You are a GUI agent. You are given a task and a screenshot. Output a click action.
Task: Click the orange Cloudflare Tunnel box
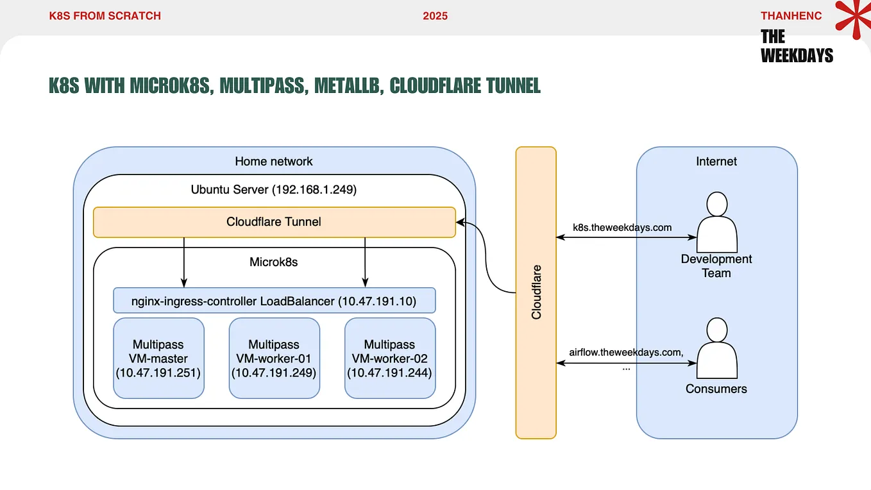274,222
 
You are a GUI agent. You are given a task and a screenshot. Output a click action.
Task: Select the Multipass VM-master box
158,358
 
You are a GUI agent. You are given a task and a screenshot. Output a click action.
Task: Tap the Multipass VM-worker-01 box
274,358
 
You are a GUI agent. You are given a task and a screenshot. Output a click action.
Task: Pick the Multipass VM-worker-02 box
389,358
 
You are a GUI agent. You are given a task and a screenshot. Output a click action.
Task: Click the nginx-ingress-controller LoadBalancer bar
274,301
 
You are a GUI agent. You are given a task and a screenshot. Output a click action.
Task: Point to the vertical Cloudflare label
536,292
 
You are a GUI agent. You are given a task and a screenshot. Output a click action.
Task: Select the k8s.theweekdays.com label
622,228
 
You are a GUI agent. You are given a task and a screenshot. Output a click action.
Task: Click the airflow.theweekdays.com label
625,352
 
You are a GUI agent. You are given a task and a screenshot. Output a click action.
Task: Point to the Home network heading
274,161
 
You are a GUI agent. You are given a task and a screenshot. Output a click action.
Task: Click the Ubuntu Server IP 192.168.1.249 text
314,190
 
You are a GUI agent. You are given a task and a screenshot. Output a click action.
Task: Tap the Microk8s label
274,262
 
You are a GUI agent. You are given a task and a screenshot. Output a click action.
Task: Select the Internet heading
716,161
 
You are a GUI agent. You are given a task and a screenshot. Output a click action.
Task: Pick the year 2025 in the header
435,16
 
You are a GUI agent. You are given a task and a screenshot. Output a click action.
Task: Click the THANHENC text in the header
791,16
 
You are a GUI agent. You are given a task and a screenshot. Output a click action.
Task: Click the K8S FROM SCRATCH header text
105,16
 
